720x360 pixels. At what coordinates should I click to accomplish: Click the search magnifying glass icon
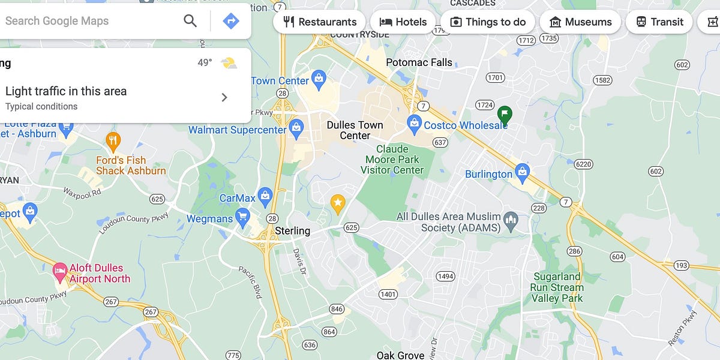[x=190, y=21]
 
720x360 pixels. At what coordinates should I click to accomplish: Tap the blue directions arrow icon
[x=230, y=21]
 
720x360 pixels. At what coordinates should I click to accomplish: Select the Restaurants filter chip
[x=319, y=22]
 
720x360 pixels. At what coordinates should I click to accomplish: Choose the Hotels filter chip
[x=403, y=22]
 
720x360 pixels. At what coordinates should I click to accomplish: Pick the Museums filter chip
[x=580, y=22]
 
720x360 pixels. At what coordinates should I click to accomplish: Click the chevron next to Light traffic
[x=224, y=97]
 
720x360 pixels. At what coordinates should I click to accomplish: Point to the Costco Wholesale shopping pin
[x=414, y=124]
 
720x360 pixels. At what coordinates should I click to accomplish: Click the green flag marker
[x=505, y=113]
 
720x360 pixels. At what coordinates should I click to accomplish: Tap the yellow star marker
[x=338, y=203]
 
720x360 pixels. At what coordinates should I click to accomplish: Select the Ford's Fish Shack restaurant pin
[x=113, y=142]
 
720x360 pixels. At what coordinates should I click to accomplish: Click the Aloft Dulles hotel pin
[x=59, y=271]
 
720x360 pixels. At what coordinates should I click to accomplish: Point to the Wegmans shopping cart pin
[x=242, y=216]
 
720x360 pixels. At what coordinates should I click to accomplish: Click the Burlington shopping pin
[x=522, y=172]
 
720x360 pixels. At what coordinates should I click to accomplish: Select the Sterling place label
[x=292, y=231]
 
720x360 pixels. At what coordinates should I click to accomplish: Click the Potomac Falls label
[x=419, y=62]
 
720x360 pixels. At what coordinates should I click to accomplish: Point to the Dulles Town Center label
[x=355, y=130]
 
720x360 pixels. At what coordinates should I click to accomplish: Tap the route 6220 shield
[x=583, y=164]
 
